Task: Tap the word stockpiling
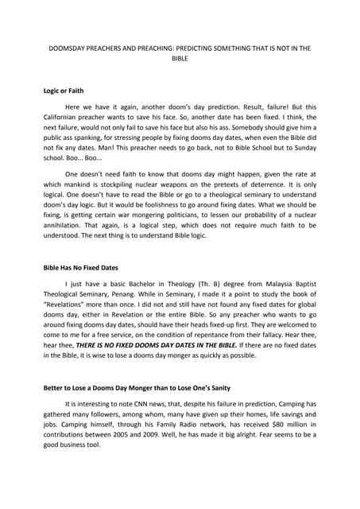point(136,208)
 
